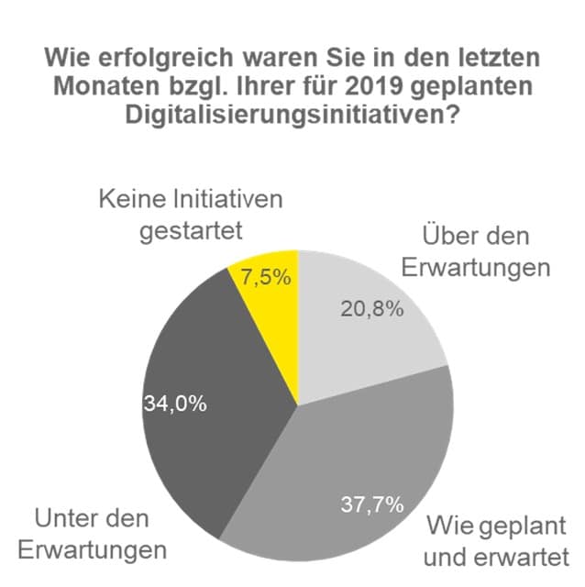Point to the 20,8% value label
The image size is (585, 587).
click(372, 309)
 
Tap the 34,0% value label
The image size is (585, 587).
click(173, 401)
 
